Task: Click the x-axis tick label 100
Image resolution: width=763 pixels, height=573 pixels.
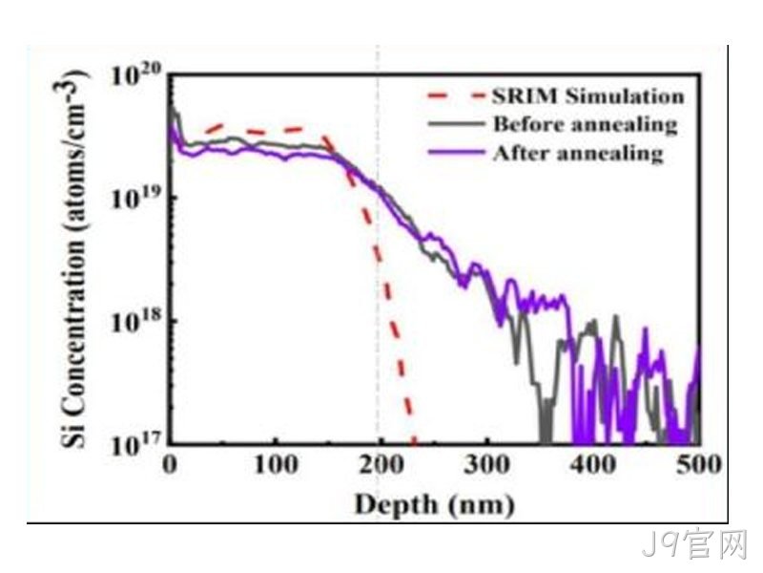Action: pos(276,464)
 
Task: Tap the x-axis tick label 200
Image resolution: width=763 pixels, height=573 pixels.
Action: pos(381,464)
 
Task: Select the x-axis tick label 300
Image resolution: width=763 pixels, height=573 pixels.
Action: pos(487,464)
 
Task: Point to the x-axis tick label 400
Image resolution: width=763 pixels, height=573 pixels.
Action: pos(593,464)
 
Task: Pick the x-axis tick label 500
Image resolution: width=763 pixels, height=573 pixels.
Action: pos(699,464)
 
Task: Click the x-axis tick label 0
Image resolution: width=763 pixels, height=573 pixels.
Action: pos(170,464)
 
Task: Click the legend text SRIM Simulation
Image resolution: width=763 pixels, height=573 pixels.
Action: pos(588,95)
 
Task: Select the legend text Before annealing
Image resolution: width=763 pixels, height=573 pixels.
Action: pos(586,124)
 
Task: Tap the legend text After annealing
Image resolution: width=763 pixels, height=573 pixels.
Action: pos(579,153)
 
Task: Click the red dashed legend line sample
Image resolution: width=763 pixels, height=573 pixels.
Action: pos(458,95)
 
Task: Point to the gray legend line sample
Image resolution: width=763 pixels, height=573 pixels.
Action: pos(458,124)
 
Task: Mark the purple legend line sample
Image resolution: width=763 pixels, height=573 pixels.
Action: pos(458,153)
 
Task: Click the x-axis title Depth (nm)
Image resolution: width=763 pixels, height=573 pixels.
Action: pos(435,504)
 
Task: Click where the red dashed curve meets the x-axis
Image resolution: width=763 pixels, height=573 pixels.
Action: pos(414,443)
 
